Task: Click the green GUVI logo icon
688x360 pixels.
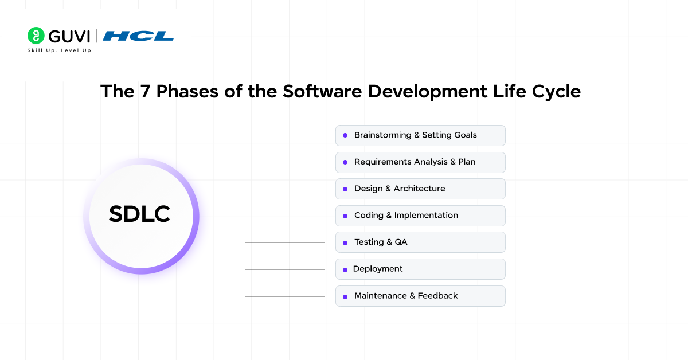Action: pyautogui.click(x=36, y=36)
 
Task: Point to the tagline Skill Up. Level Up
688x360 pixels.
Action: pyautogui.click(x=59, y=50)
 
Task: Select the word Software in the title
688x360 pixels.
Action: pyautogui.click(x=317, y=92)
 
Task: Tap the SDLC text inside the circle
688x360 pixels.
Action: pyautogui.click(x=139, y=214)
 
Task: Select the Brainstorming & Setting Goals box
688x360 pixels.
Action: pyautogui.click(x=420, y=135)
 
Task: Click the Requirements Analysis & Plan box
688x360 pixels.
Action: pyautogui.click(x=420, y=162)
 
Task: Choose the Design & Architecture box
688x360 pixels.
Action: pyautogui.click(x=420, y=189)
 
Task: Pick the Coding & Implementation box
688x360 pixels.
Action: pyautogui.click(x=420, y=216)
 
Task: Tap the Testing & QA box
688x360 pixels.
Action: pyautogui.click(x=420, y=242)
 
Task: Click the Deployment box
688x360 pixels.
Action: pyautogui.click(x=420, y=269)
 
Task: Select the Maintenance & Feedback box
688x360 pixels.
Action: pyautogui.click(x=420, y=296)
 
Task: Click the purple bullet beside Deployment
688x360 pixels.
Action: pyautogui.click(x=345, y=269)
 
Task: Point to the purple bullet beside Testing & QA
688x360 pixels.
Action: pyautogui.click(x=345, y=242)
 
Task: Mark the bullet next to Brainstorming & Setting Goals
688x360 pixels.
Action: pyautogui.click(x=345, y=136)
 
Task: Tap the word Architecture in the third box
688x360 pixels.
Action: pyautogui.click(x=419, y=189)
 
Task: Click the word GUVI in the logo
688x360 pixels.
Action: pyautogui.click(x=69, y=36)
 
